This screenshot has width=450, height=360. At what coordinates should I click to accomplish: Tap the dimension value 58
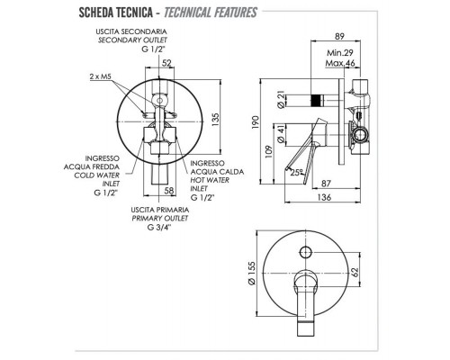click(170, 190)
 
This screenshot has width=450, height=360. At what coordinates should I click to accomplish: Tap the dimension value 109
click(269, 148)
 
